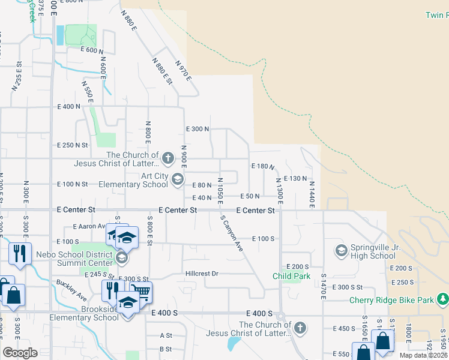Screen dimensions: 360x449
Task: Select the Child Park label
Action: pyautogui.click(x=292, y=276)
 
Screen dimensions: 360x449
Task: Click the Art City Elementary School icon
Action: pyautogui.click(x=178, y=179)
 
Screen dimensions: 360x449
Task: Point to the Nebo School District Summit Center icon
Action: pyautogui.click(x=122, y=258)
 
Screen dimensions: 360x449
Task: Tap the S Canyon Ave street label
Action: pyautogui.click(x=232, y=233)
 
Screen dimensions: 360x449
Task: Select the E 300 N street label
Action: pyautogui.click(x=197, y=129)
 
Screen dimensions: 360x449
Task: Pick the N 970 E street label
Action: pyautogui.click(x=183, y=71)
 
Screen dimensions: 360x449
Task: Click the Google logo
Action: pyautogui.click(x=20, y=353)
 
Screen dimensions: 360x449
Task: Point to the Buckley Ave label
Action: pyautogui.click(x=73, y=293)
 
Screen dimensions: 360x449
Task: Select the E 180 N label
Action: pyautogui.click(x=262, y=166)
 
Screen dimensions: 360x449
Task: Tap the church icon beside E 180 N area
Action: pyautogui.click(x=169, y=159)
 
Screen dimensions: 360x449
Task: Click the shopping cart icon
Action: pyautogui.click(x=142, y=292)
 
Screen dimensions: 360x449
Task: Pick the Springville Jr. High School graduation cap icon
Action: pyautogui.click(x=342, y=250)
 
